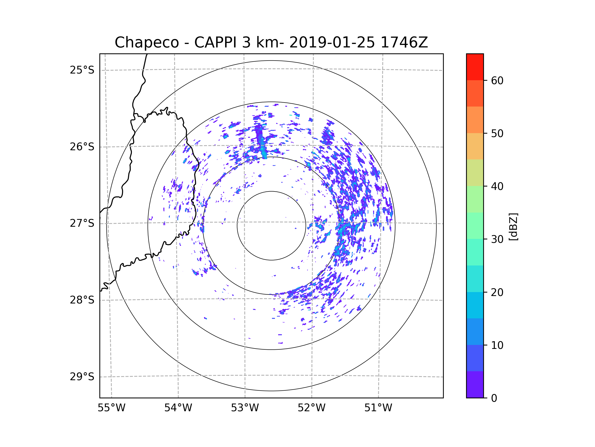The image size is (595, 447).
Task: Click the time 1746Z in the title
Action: pyautogui.click(x=404, y=42)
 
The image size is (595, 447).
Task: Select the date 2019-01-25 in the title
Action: pyautogui.click(x=332, y=42)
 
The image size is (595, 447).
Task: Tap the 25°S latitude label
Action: pyautogui.click(x=82, y=70)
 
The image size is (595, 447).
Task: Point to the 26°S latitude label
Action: pyautogui.click(x=82, y=147)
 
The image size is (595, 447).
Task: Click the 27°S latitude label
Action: pyautogui.click(x=82, y=223)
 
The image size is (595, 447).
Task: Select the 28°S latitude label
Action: pyautogui.click(x=82, y=300)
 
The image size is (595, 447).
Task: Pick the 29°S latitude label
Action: pyautogui.click(x=82, y=377)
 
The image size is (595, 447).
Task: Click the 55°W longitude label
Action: pyautogui.click(x=111, y=408)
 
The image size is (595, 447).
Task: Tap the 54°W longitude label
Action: pyautogui.click(x=178, y=408)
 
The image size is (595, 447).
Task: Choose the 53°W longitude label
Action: pyautogui.click(x=245, y=408)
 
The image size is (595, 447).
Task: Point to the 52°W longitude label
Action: pyautogui.click(x=311, y=408)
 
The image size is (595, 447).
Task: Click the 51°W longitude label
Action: pyautogui.click(x=378, y=408)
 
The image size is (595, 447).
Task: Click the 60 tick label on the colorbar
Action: pyautogui.click(x=497, y=80)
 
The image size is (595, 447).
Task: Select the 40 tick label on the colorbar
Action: pyautogui.click(x=497, y=186)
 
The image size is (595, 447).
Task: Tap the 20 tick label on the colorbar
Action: pyautogui.click(x=497, y=292)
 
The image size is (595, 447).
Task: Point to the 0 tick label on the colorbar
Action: pyautogui.click(x=494, y=398)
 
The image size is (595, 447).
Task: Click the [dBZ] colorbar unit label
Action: pyautogui.click(x=513, y=226)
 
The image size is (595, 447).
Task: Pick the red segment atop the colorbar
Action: pyautogui.click(x=475, y=67)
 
